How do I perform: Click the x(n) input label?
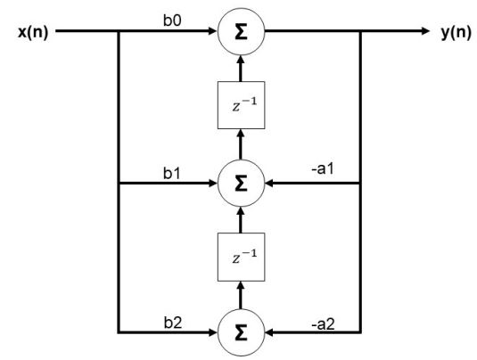33,32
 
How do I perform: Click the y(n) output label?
456,32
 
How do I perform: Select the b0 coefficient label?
172,20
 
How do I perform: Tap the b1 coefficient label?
172,173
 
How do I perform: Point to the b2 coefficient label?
173,323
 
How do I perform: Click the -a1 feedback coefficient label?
323,168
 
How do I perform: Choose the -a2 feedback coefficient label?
323,324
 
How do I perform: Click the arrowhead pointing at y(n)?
425,31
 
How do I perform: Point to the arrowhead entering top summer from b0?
213,31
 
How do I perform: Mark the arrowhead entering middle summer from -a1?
269,184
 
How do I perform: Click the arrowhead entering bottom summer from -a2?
269,332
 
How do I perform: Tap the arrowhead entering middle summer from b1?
213,184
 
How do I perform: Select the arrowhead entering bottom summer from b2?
213,332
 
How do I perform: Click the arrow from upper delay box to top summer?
241,69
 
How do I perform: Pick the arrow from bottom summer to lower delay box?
241,295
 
